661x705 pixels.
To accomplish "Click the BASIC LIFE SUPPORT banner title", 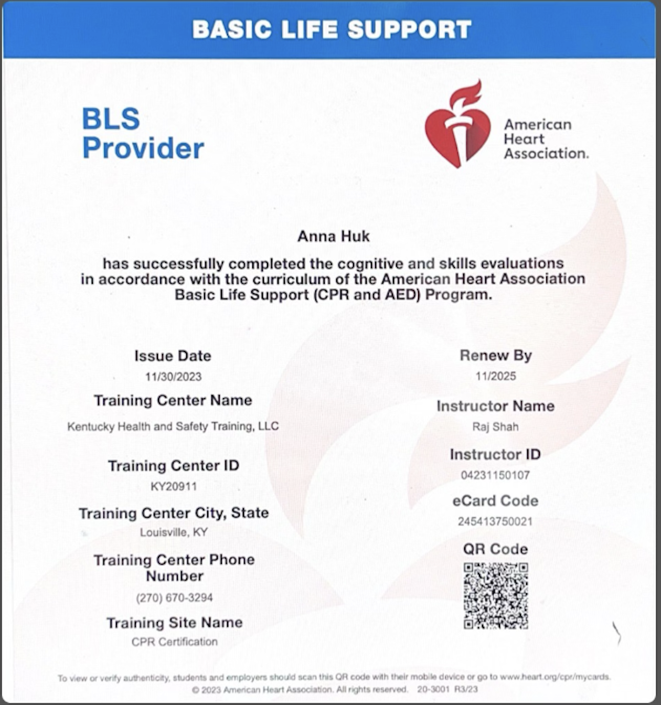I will coord(332,29).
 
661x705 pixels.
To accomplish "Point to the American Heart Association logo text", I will coord(546,139).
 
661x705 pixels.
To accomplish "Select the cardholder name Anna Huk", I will coord(333,236).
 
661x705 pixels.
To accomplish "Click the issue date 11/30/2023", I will coord(173,377).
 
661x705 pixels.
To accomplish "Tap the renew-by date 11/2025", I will coord(495,376).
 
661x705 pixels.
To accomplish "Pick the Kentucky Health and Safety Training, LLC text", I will coord(173,426).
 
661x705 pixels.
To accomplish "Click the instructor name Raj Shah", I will coord(495,427).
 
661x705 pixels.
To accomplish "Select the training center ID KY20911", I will coord(174,486).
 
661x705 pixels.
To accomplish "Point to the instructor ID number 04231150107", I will coord(495,475).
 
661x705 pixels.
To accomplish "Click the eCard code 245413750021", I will coord(495,521).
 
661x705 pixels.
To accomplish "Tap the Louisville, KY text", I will coord(174,532).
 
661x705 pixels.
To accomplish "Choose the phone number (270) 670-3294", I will coord(174,597).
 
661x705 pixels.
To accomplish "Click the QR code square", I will coord(496,596).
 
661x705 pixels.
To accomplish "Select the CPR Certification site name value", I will coord(174,642).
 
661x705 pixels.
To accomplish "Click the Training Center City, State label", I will coord(174,513).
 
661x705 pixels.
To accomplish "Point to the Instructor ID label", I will coord(495,454).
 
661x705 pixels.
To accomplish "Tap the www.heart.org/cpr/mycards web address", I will coord(555,677).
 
